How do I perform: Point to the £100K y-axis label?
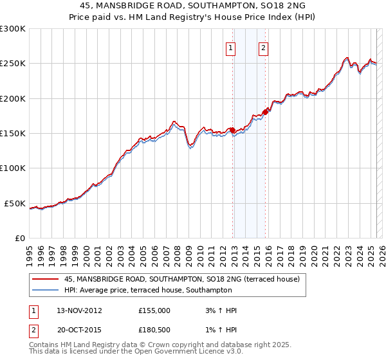point(13,168)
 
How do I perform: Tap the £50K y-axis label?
point(15,203)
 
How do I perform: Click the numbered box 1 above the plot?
point(230,47)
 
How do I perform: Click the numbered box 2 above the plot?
point(264,47)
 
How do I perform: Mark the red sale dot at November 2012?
point(232,130)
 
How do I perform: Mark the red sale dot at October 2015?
point(265,112)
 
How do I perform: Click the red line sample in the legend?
point(46,280)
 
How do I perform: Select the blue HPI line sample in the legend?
point(46,291)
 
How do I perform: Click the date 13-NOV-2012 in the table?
point(78,310)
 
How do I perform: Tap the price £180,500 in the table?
point(154,331)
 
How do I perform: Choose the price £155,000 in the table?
point(154,310)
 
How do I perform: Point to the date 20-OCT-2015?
point(78,331)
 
